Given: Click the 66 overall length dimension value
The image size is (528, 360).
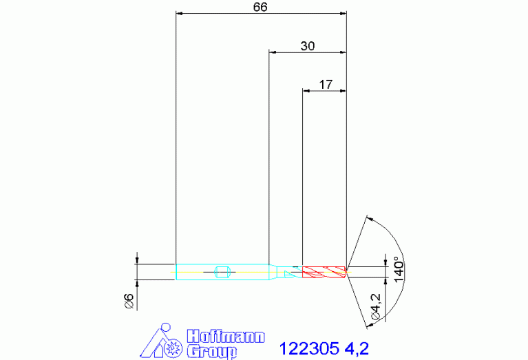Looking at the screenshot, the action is [260, 7].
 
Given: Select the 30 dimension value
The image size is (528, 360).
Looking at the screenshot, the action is [308, 46].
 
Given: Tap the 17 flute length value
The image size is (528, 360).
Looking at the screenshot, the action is [326, 84].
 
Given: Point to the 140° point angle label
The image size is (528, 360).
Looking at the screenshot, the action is [399, 269].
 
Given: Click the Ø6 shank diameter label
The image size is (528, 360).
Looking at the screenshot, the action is [129, 301].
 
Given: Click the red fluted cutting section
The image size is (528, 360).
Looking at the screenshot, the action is [324, 272].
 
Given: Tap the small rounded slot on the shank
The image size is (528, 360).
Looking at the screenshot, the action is [222, 272].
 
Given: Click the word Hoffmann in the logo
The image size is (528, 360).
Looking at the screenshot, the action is [226, 337].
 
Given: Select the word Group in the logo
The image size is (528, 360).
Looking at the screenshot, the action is [212, 351].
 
